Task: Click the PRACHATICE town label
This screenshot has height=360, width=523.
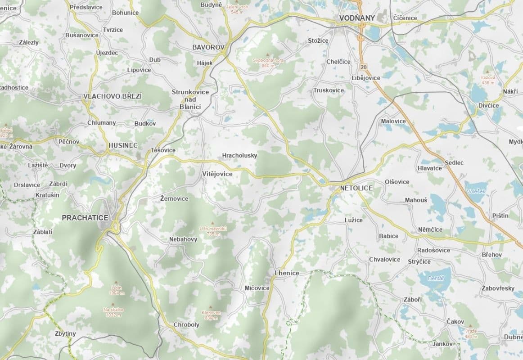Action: (x=85, y=218)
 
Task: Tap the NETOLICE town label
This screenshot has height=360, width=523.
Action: (x=356, y=188)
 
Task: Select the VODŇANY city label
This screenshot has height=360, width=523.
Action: (x=356, y=18)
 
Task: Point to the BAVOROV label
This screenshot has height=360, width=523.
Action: (x=208, y=47)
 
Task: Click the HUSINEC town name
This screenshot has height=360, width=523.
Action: (x=123, y=145)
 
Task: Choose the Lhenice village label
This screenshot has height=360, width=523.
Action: (x=287, y=273)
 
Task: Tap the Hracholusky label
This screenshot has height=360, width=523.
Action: (x=239, y=156)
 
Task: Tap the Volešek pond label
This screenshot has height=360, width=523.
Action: (x=476, y=191)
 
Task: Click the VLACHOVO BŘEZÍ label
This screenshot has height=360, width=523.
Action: (x=113, y=96)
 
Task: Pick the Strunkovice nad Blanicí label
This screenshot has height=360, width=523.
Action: (x=190, y=99)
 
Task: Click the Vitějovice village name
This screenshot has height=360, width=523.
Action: (x=217, y=174)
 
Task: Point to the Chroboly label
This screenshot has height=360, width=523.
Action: (x=186, y=324)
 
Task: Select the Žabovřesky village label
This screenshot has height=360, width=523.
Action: (x=498, y=288)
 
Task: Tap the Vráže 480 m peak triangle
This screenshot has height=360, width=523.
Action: (x=470, y=326)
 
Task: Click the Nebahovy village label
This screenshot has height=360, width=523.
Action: (x=183, y=239)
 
